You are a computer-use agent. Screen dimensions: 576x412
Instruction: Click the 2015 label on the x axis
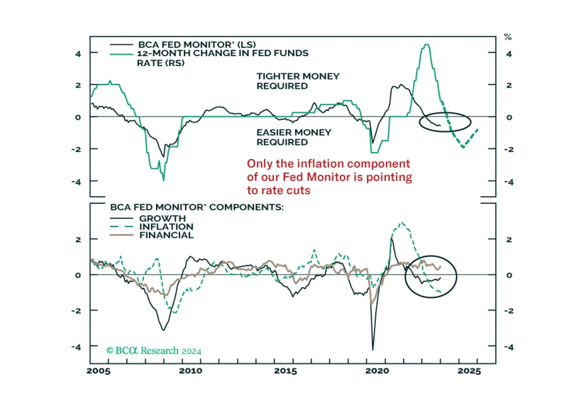(x=285, y=371)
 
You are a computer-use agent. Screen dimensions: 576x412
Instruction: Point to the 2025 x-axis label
(x=469, y=371)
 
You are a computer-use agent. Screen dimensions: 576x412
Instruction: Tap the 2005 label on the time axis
(x=98, y=371)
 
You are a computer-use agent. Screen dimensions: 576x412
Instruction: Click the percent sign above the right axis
(x=508, y=37)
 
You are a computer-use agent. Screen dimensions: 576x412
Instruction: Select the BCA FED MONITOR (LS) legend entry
(x=183, y=45)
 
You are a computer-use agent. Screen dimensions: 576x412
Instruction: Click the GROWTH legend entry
(x=147, y=218)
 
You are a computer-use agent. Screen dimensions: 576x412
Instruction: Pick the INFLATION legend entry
(x=151, y=227)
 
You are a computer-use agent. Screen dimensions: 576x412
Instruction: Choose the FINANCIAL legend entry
(x=152, y=235)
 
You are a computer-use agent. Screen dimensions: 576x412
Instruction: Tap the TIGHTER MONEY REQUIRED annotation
(x=298, y=81)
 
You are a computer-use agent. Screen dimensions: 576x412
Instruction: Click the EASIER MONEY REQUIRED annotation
(x=294, y=137)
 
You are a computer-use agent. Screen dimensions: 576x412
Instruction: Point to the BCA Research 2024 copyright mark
(x=154, y=351)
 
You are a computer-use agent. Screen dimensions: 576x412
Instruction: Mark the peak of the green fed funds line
(x=427, y=45)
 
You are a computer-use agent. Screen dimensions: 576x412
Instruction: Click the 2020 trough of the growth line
(x=373, y=350)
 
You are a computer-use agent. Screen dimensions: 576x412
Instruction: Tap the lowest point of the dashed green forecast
(x=464, y=147)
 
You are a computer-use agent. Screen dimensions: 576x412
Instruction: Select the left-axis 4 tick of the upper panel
(x=78, y=54)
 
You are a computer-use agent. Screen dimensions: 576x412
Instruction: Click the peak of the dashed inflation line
(x=402, y=223)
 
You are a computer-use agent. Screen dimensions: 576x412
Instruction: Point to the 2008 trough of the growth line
(x=164, y=330)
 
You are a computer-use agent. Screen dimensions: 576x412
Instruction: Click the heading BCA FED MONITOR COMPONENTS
(x=197, y=207)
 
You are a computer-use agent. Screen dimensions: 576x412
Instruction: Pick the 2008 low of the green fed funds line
(x=164, y=180)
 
